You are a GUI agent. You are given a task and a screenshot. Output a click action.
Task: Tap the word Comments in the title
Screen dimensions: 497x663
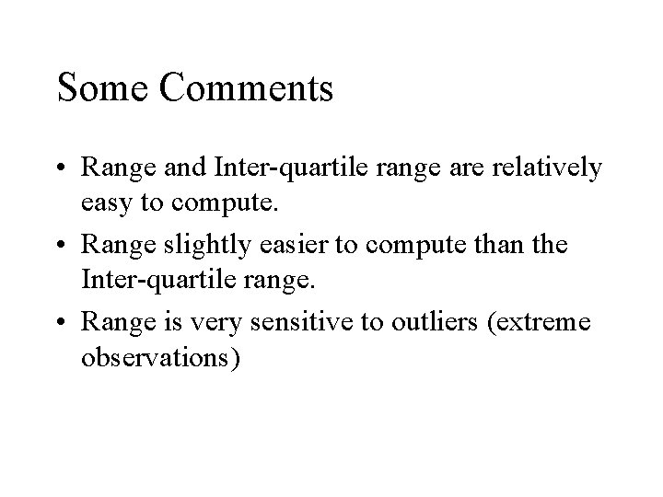coord(247,88)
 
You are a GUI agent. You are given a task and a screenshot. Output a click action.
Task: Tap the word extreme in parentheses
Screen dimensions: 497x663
coord(553,323)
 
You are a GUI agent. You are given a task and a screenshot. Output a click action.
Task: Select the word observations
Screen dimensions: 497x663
coord(162,354)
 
